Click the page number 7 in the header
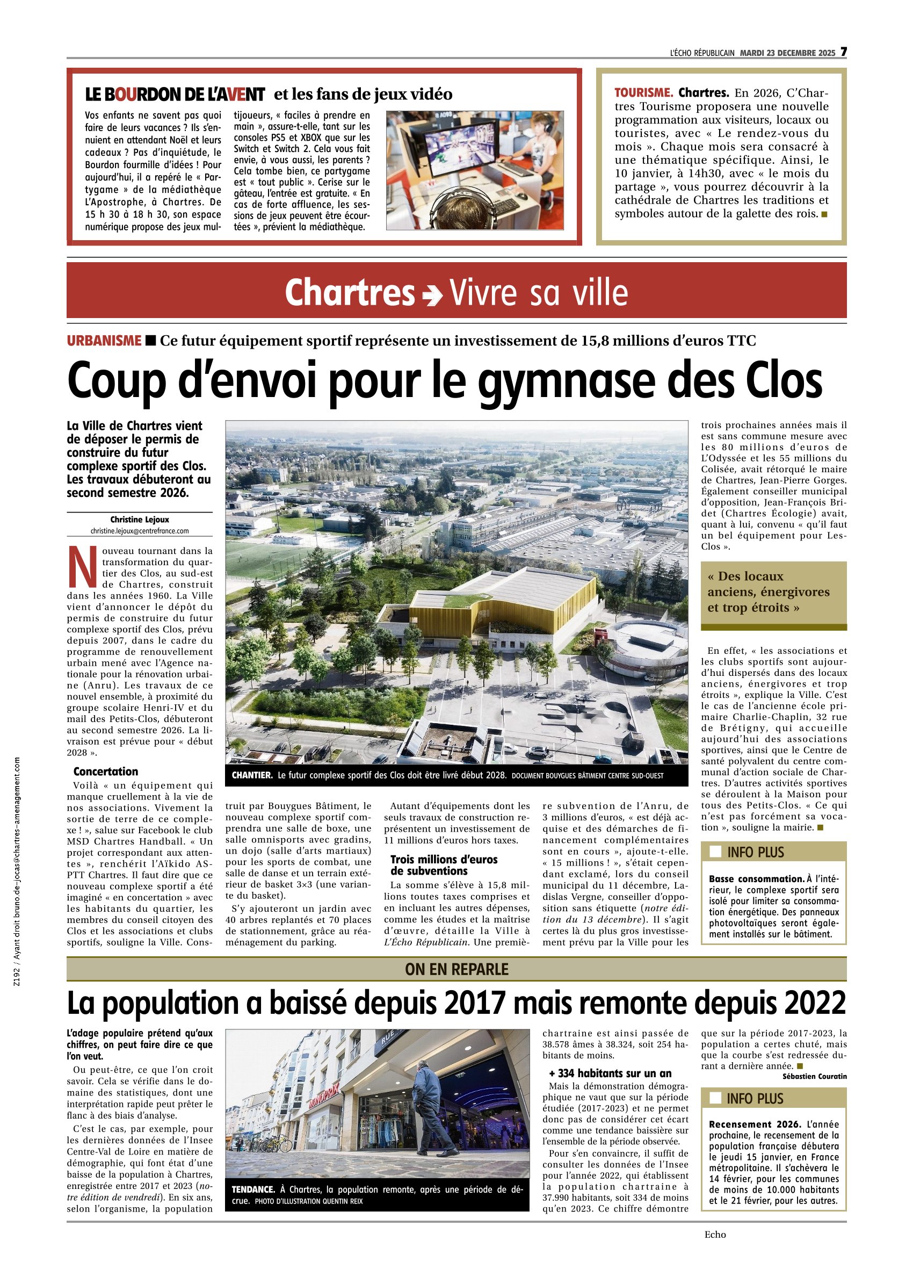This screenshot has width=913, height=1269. [843, 52]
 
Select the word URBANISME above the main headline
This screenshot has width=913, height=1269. [104, 340]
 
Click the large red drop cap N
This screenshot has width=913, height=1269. [82, 567]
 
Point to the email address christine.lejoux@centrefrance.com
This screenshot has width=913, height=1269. [139, 530]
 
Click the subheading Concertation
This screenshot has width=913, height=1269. [105, 771]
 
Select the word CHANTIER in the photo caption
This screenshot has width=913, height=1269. [252, 775]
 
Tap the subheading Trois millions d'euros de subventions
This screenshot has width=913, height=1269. [444, 865]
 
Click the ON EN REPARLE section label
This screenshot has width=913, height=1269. [457, 969]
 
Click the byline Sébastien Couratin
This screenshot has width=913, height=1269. [815, 1076]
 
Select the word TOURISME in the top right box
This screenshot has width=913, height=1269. [643, 93]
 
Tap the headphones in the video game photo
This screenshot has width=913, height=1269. [466, 205]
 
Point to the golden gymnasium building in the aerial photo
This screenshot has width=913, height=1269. [504, 604]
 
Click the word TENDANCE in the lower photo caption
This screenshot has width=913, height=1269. [253, 1189]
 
